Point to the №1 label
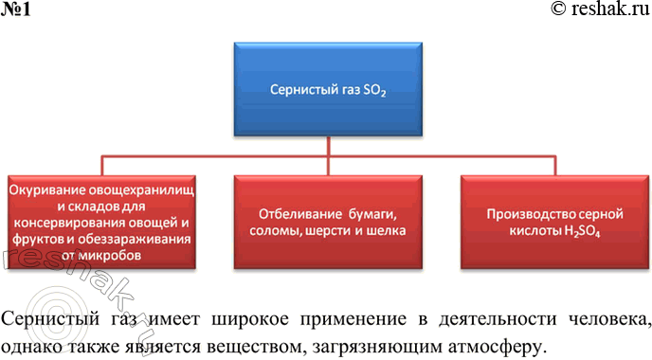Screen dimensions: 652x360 [14, 9]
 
